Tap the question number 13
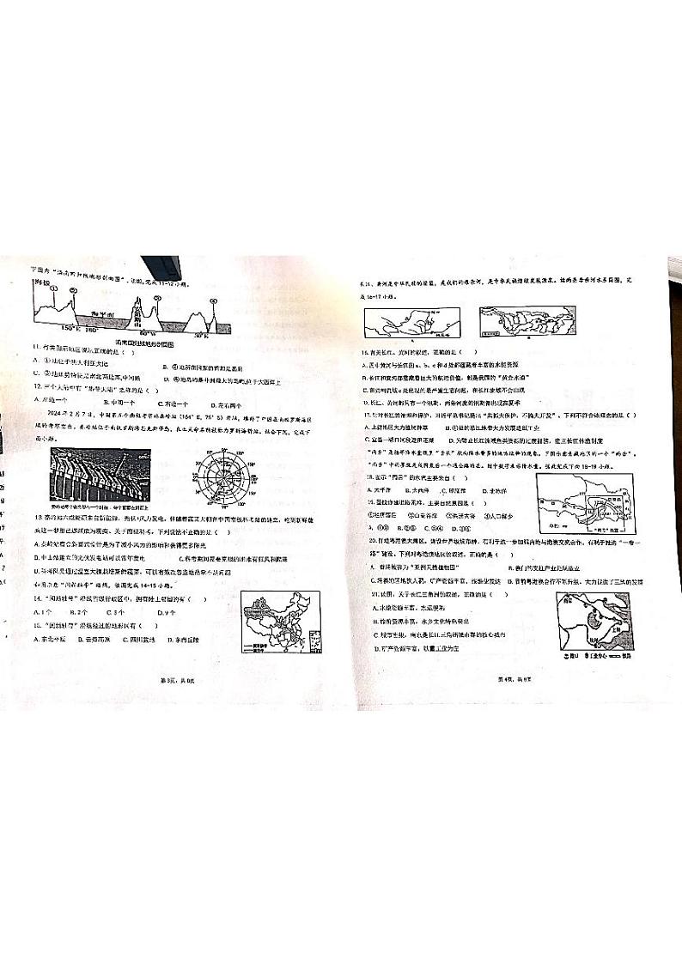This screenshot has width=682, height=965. click(38, 519)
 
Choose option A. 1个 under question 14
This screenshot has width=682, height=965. click(43, 612)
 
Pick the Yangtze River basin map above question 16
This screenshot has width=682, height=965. click(525, 322)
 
